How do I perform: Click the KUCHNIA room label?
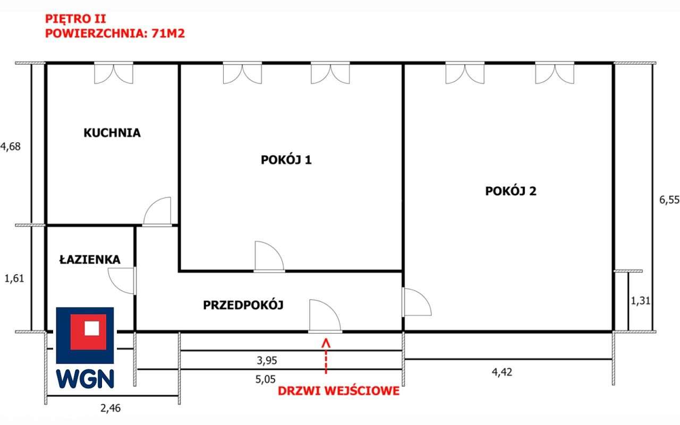pyautogui.click(x=112, y=133)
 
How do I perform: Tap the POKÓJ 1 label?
pyautogui.click(x=286, y=159)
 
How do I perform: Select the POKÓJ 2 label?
pyautogui.click(x=511, y=191)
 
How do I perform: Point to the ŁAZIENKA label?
pyautogui.click(x=90, y=260)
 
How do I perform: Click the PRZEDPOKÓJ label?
pyautogui.click(x=243, y=305)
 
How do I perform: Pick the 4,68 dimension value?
pyautogui.click(x=10, y=147)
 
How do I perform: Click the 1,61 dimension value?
pyautogui.click(x=14, y=278)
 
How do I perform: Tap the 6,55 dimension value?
pyautogui.click(x=669, y=200)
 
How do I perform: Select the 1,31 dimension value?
pyautogui.click(x=641, y=301)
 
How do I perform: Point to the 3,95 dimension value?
pyautogui.click(x=267, y=360)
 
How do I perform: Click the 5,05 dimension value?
pyautogui.click(x=265, y=379)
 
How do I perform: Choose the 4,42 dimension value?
pyautogui.click(x=502, y=372)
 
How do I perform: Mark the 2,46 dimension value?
pyautogui.click(x=110, y=408)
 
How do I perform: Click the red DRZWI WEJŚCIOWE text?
pyautogui.click(x=338, y=391)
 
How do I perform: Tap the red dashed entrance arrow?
pyautogui.click(x=326, y=356)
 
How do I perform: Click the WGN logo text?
pyautogui.click(x=85, y=379)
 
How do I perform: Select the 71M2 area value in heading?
pyautogui.click(x=168, y=33)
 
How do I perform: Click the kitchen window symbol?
pyautogui.click(x=114, y=73)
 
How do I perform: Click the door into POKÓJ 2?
pyautogui.click(x=416, y=302)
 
